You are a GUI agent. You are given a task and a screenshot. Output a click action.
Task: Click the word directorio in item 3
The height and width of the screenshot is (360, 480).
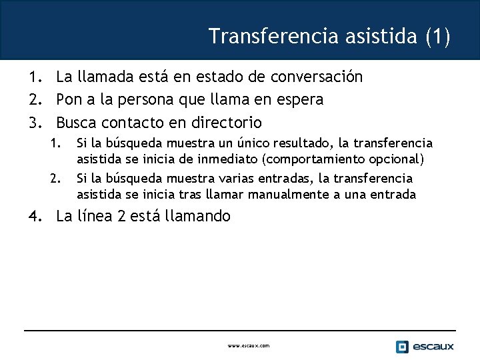click(x=227, y=123)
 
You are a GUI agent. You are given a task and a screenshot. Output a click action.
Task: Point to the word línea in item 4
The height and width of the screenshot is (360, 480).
click(x=94, y=216)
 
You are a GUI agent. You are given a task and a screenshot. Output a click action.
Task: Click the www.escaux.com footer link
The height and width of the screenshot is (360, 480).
click(x=248, y=346)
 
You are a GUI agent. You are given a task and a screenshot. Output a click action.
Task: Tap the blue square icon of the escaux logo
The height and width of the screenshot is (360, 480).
click(x=402, y=347)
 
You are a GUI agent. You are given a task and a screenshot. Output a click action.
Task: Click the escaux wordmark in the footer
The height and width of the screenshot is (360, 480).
click(x=433, y=347)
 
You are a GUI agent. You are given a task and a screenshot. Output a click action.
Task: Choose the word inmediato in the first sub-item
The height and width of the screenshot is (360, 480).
click(x=195, y=159)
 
